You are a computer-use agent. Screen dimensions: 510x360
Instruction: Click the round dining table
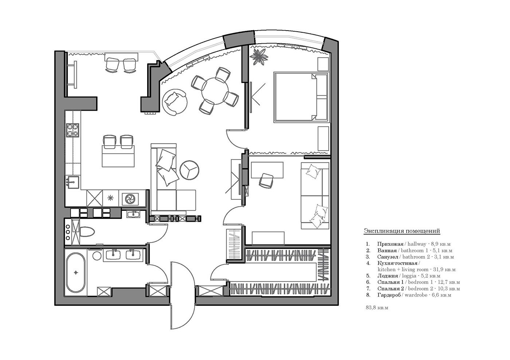pos(215,91)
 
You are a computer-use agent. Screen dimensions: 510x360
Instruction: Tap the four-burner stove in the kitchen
pos(72,130)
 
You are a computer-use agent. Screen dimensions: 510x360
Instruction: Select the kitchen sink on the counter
pos(72,182)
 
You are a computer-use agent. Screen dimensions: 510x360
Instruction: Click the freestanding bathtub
pos(76,272)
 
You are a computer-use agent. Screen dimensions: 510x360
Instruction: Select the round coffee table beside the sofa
pos(189,170)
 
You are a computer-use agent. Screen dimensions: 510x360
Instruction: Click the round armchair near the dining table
pos(174,102)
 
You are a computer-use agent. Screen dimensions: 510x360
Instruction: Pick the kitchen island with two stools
pos(118,156)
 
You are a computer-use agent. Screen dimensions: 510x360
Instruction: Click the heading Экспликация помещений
pos(402,231)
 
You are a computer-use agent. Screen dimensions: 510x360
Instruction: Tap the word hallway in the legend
pos(417,244)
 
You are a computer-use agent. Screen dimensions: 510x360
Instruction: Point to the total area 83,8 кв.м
pos(377,308)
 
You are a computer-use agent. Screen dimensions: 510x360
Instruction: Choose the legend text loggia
pos(409,276)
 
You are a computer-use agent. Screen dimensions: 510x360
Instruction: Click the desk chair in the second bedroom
pos(266,181)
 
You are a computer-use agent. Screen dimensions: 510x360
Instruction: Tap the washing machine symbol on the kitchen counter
pos(130,198)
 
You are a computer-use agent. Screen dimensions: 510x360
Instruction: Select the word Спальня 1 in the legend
pos(391,282)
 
